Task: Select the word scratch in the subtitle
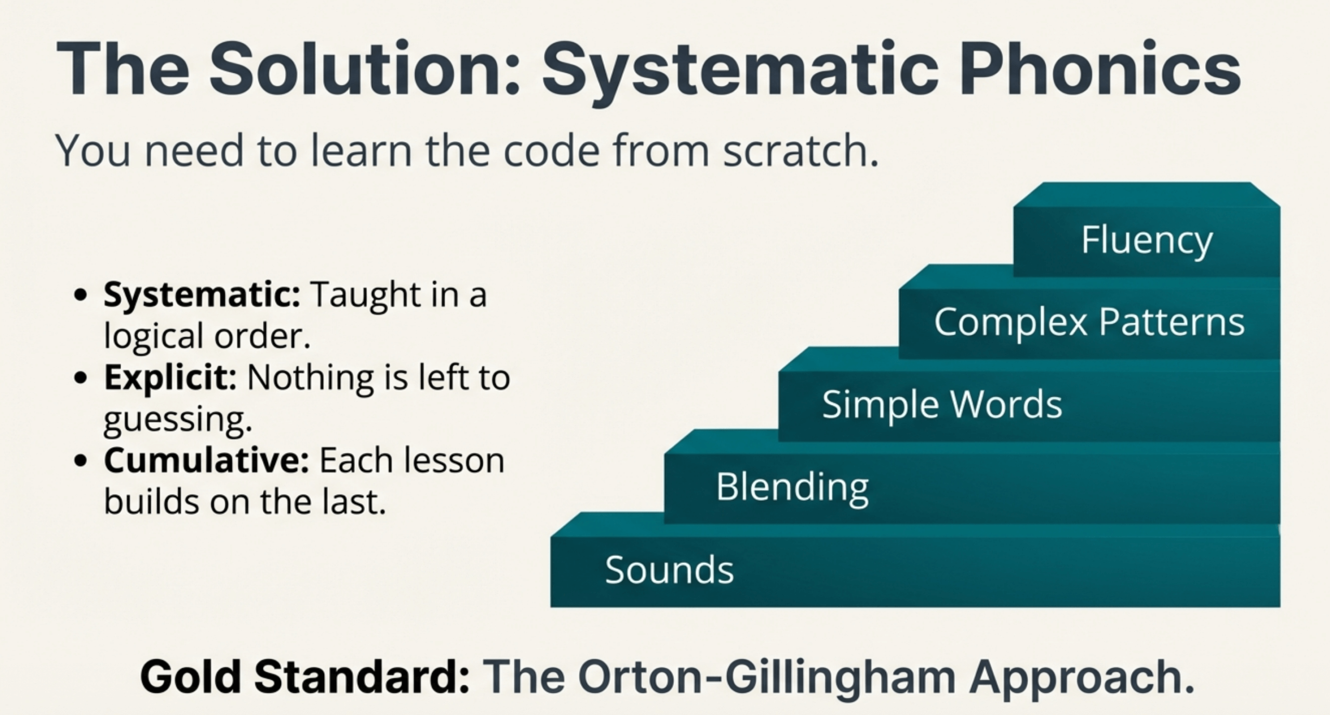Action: (x=800, y=151)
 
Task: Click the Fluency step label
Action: (x=1147, y=241)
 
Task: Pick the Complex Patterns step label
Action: (x=1089, y=322)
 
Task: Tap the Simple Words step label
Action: (x=942, y=405)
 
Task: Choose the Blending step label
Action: (x=792, y=487)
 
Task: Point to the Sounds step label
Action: (x=669, y=570)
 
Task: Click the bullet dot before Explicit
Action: (x=81, y=378)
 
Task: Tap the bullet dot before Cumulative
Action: (x=81, y=461)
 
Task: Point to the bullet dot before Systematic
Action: (x=81, y=296)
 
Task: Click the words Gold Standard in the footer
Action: (x=305, y=677)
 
